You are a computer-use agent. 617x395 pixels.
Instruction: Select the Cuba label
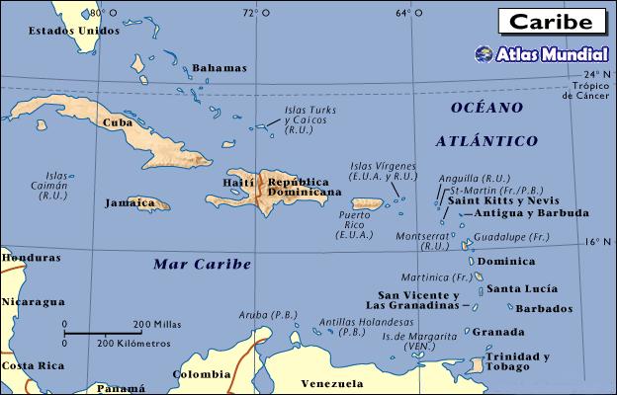coord(118,121)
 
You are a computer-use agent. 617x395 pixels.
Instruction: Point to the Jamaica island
coord(146,203)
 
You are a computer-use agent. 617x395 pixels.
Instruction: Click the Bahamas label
coord(219,68)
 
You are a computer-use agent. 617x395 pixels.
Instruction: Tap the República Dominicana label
coord(299,188)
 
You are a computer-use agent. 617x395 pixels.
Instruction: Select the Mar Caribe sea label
coord(203,264)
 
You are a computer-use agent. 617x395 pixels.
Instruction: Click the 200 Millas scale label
coord(155,323)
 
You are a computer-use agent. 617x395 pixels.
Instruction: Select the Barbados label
coord(543,308)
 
